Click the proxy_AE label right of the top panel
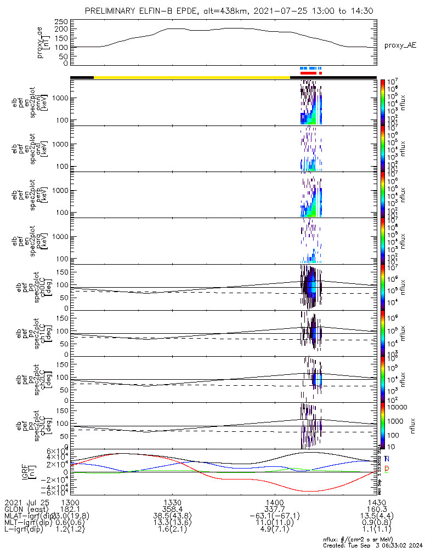coord(399,45)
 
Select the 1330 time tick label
coord(172,502)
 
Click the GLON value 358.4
coord(172,509)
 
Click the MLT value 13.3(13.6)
coord(172,523)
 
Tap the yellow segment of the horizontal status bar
coord(192,77)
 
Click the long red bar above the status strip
coord(309,72)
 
